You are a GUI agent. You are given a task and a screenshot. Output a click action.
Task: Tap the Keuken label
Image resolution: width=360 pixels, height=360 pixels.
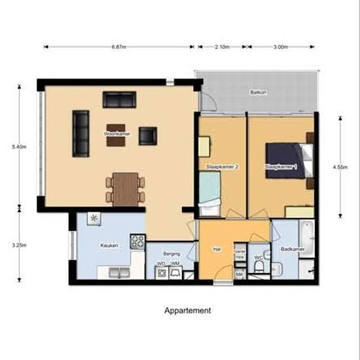(109, 245)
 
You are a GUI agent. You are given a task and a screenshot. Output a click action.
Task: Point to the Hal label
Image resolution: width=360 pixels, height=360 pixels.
(217, 249)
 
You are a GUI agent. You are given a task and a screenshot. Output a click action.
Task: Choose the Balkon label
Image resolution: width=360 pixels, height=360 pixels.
(257, 92)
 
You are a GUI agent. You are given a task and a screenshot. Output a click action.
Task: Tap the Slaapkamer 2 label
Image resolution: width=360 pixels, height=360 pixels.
(221, 167)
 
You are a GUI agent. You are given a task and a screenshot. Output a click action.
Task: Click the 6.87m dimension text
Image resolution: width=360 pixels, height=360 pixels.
(118, 47)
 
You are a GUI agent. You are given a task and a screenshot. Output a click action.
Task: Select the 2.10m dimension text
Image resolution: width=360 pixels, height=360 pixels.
(222, 47)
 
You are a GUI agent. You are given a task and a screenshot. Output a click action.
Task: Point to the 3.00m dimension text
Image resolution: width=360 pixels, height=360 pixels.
(280, 47)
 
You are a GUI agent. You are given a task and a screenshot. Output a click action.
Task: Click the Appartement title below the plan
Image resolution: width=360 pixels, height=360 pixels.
(187, 311)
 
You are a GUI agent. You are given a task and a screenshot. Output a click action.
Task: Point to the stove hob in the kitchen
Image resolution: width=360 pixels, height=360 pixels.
(137, 242)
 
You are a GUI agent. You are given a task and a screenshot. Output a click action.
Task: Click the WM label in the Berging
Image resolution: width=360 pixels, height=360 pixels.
(175, 264)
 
